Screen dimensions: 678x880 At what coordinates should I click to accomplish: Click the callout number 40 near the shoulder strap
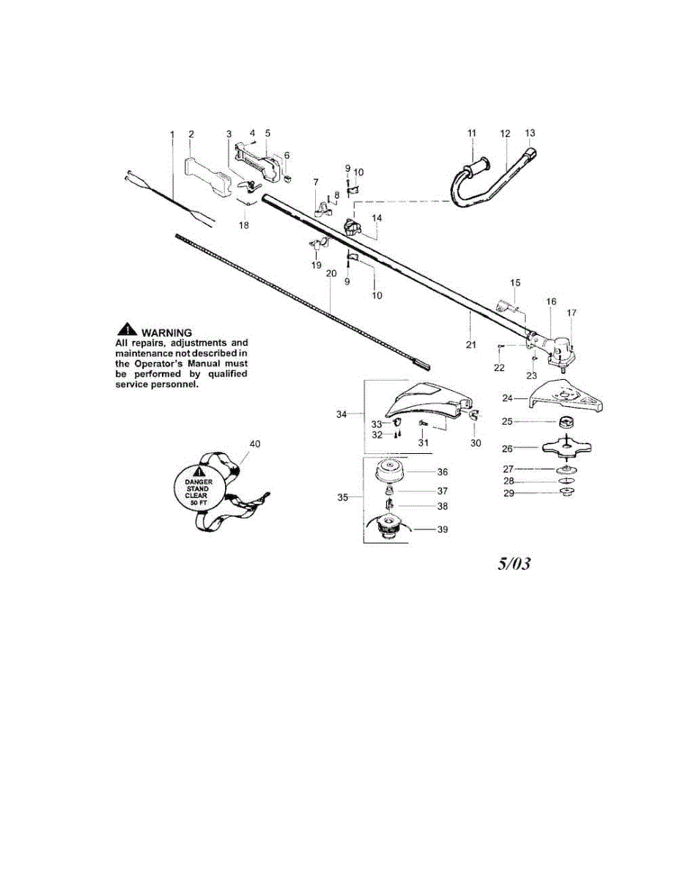click(254, 444)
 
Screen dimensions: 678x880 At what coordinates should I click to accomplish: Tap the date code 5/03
click(514, 563)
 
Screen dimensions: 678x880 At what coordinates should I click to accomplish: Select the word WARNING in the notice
click(166, 333)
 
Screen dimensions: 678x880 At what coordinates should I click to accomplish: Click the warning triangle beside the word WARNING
click(127, 329)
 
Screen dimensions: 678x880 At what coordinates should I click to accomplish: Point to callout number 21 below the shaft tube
click(471, 345)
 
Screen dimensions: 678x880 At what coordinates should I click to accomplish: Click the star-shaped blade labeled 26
click(567, 447)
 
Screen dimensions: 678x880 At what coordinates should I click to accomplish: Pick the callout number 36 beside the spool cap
click(443, 472)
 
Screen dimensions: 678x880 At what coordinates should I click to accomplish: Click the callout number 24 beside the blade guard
click(507, 398)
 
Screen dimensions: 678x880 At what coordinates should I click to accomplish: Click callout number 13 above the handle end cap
click(530, 133)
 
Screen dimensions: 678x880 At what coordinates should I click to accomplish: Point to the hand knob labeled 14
click(350, 227)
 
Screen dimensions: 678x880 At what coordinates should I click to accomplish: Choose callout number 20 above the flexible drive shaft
click(331, 274)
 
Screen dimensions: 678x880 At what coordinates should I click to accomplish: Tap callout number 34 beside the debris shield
click(342, 414)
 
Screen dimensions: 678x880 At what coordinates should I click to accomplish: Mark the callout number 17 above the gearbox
click(572, 312)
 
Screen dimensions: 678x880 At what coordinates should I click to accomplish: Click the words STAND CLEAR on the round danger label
click(196, 492)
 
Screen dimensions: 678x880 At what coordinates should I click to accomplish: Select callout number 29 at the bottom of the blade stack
click(509, 494)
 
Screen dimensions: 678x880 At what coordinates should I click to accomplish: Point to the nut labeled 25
click(567, 422)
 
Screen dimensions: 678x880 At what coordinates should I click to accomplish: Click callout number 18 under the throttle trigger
click(243, 224)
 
